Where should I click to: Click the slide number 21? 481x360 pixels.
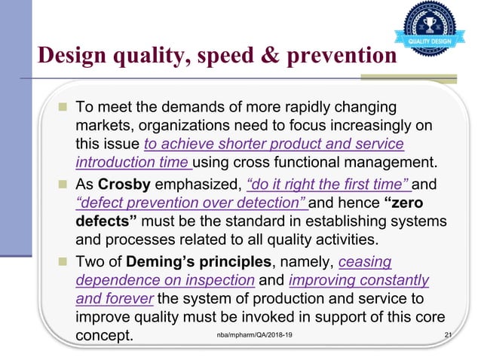[x=451, y=335]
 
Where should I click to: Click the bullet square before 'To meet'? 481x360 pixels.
[x=63, y=105]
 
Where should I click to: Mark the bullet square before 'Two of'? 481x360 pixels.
[x=63, y=263]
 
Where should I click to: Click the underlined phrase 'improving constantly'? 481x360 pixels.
[x=359, y=281]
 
